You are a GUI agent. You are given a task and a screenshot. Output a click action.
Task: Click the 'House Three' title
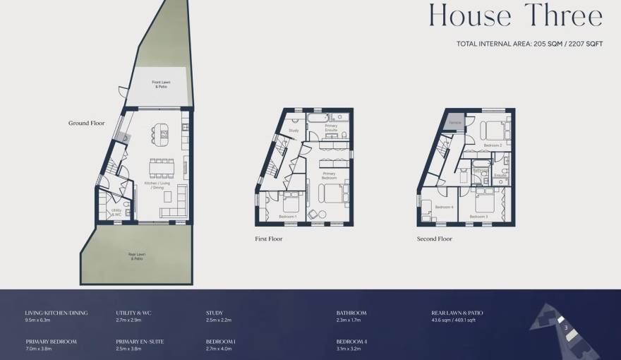tap(516, 16)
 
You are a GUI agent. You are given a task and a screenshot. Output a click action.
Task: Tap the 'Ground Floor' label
tap(86, 123)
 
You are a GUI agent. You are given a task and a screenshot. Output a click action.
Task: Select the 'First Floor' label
tap(268, 239)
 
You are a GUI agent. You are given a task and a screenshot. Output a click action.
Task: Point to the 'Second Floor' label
tap(434, 239)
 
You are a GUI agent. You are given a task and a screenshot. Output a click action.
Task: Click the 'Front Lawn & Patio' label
tap(159, 84)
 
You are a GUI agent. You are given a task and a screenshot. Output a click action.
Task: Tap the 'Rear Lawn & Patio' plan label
tap(136, 257)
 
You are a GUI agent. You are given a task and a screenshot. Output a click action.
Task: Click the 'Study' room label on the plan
tap(294, 131)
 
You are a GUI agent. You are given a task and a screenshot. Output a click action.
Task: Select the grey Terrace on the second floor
tap(454, 122)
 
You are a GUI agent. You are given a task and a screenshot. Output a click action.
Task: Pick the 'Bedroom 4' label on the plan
tap(443, 207)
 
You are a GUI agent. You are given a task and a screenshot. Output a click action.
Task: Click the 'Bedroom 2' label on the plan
tap(493, 145)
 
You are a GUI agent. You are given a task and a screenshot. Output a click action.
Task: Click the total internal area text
tap(529, 44)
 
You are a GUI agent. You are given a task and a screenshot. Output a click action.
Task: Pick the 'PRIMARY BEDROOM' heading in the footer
tap(50, 341)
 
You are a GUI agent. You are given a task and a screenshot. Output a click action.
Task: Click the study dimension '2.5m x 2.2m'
tap(218, 320)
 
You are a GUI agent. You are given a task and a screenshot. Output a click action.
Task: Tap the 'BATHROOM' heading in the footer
tap(351, 313)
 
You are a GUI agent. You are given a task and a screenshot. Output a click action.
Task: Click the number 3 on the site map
tap(566, 328)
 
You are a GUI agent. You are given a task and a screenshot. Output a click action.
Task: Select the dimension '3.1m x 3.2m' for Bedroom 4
tap(349, 348)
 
